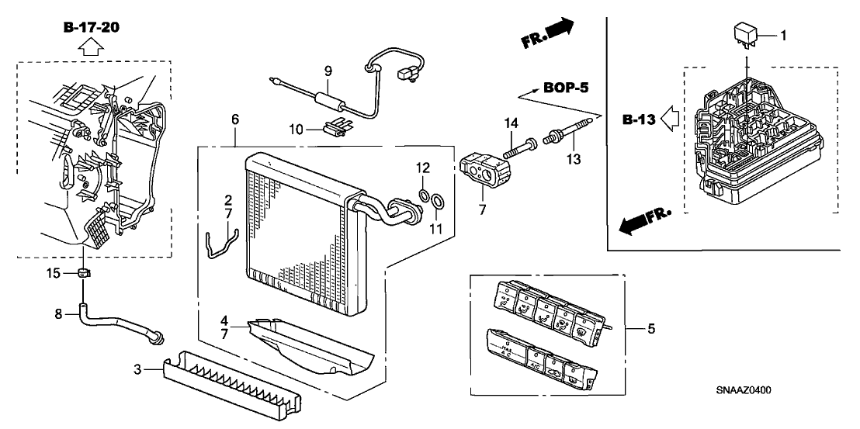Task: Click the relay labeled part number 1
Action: pos(746,35)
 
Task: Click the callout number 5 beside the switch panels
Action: pos(650,329)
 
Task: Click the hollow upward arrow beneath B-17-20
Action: pos(90,48)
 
